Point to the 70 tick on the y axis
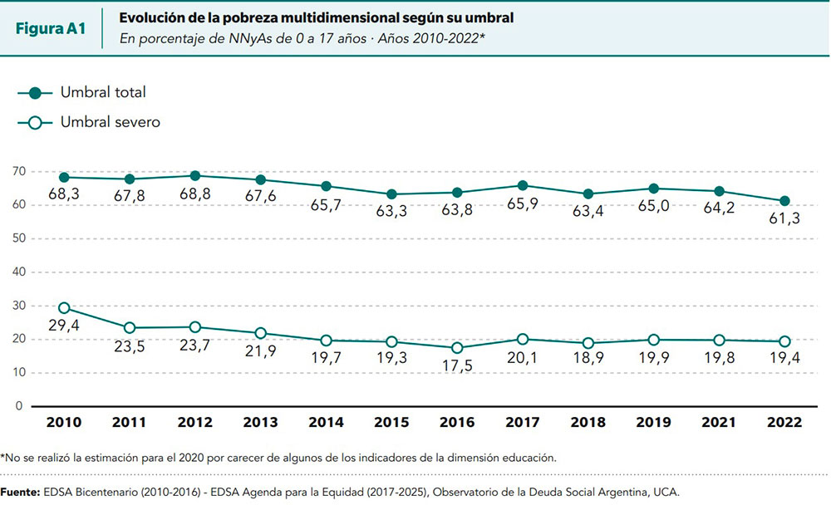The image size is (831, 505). pyautogui.click(x=18, y=171)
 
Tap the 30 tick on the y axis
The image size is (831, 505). pyautogui.click(x=18, y=306)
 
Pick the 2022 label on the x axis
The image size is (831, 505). pyautogui.click(x=784, y=423)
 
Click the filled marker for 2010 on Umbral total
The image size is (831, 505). pyautogui.click(x=64, y=177)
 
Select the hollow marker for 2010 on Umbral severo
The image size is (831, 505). pyautogui.click(x=64, y=308)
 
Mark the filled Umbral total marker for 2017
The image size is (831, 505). pyautogui.click(x=523, y=185)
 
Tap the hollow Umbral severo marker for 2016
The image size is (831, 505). pyautogui.click(x=457, y=348)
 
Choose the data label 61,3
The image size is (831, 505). pyautogui.click(x=784, y=218)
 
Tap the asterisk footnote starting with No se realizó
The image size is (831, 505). pyautogui.click(x=278, y=458)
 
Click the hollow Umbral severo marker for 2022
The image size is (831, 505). pyautogui.click(x=784, y=341)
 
